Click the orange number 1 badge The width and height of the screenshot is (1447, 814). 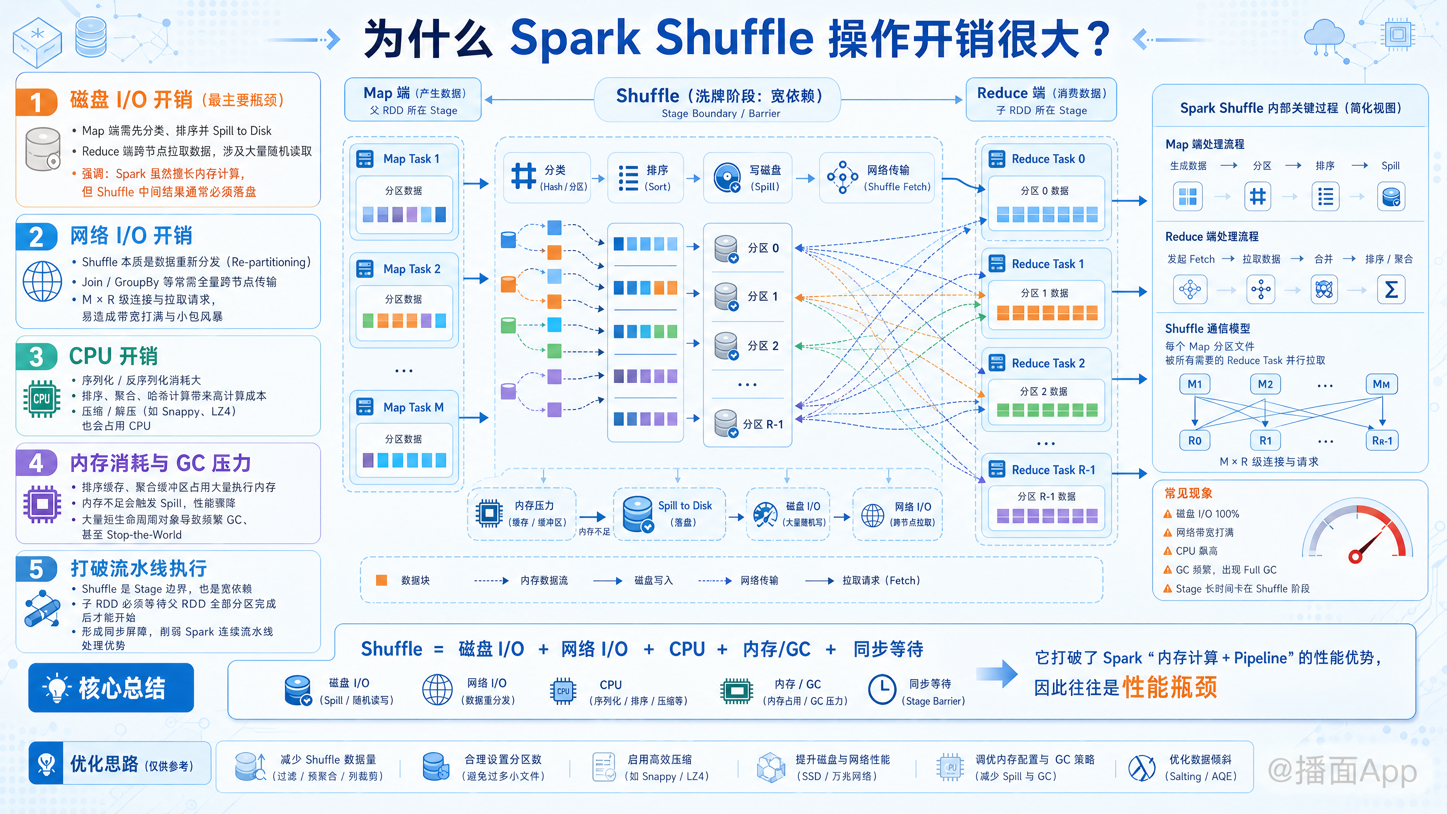tap(36, 102)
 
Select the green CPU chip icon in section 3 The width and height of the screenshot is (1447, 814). tap(41, 398)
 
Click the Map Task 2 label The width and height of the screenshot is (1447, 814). tap(412, 269)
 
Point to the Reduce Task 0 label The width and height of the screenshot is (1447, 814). tap(1048, 159)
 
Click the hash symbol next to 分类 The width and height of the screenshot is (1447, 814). tap(523, 176)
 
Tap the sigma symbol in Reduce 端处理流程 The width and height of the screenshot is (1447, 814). tap(1391, 290)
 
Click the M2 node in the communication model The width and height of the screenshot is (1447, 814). tap(1265, 384)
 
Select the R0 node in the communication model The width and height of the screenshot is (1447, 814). tap(1195, 441)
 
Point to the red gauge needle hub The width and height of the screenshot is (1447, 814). tap(1355, 557)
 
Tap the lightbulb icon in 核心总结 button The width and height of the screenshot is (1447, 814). tap(57, 688)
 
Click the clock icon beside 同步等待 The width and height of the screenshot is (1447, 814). tap(882, 689)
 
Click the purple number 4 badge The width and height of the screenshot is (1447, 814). tap(36, 463)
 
